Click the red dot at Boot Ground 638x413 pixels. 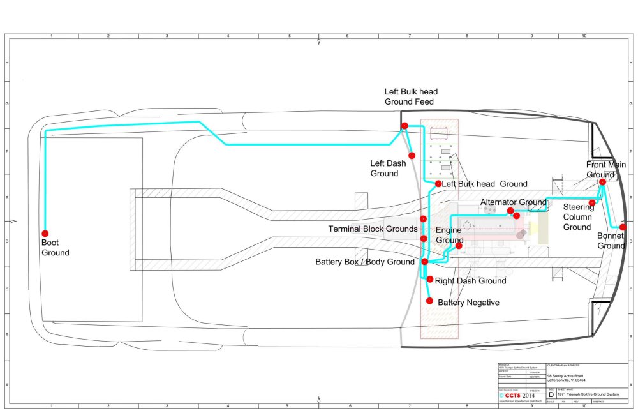point(45,233)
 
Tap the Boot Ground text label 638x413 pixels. point(56,248)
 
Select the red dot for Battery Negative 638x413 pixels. point(429,301)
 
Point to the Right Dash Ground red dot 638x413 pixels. point(430,280)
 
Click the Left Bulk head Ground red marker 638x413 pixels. point(438,184)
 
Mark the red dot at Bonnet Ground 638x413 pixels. point(623,227)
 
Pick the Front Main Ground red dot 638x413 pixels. point(602,181)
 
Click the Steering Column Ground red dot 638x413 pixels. point(591,203)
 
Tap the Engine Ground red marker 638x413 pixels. point(459,246)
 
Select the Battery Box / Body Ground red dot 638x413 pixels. point(424,262)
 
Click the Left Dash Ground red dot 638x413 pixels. point(412,155)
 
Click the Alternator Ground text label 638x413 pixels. point(513,202)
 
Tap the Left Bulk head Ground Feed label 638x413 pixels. point(410,96)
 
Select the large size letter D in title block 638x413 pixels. point(551,395)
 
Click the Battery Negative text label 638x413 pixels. point(468,303)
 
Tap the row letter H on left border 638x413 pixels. point(7,63)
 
